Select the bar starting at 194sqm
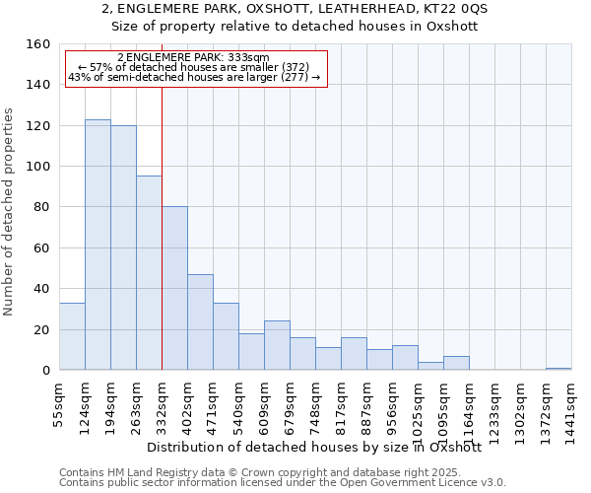(x=123, y=247)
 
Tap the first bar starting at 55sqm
(x=72, y=336)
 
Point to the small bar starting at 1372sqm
(x=558, y=369)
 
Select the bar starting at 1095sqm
(x=456, y=363)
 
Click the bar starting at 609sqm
(x=277, y=345)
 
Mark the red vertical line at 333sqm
(x=162, y=227)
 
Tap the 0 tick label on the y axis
(x=45, y=371)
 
